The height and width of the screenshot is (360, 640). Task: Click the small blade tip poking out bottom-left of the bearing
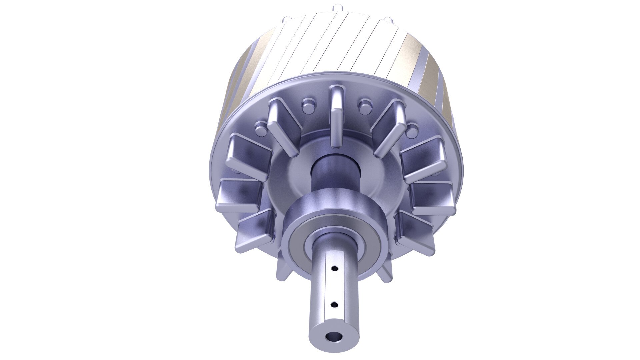282,263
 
